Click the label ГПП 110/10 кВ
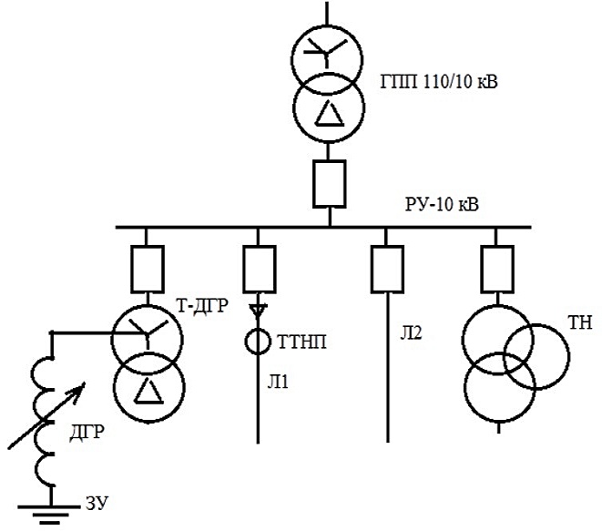pyautogui.click(x=438, y=82)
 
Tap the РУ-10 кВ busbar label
pyautogui.click(x=442, y=204)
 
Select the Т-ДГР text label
pyautogui.click(x=202, y=306)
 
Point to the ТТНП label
pyautogui.click(x=301, y=342)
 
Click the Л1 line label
pyautogui.click(x=278, y=382)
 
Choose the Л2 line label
pyautogui.click(x=411, y=332)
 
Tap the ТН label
pyautogui.click(x=580, y=322)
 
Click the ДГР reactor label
pyautogui.click(x=87, y=432)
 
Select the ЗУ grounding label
pyautogui.click(x=97, y=503)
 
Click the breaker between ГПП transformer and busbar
pyautogui.click(x=330, y=184)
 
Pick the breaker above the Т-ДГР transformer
pyautogui.click(x=148, y=270)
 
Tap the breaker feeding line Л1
pyautogui.click(x=260, y=270)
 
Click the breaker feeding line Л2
pyautogui.click(x=387, y=270)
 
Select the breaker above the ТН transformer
pyautogui.click(x=497, y=270)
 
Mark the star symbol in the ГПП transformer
pyautogui.click(x=326, y=51)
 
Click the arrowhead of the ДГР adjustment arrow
pyautogui.click(x=80, y=389)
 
